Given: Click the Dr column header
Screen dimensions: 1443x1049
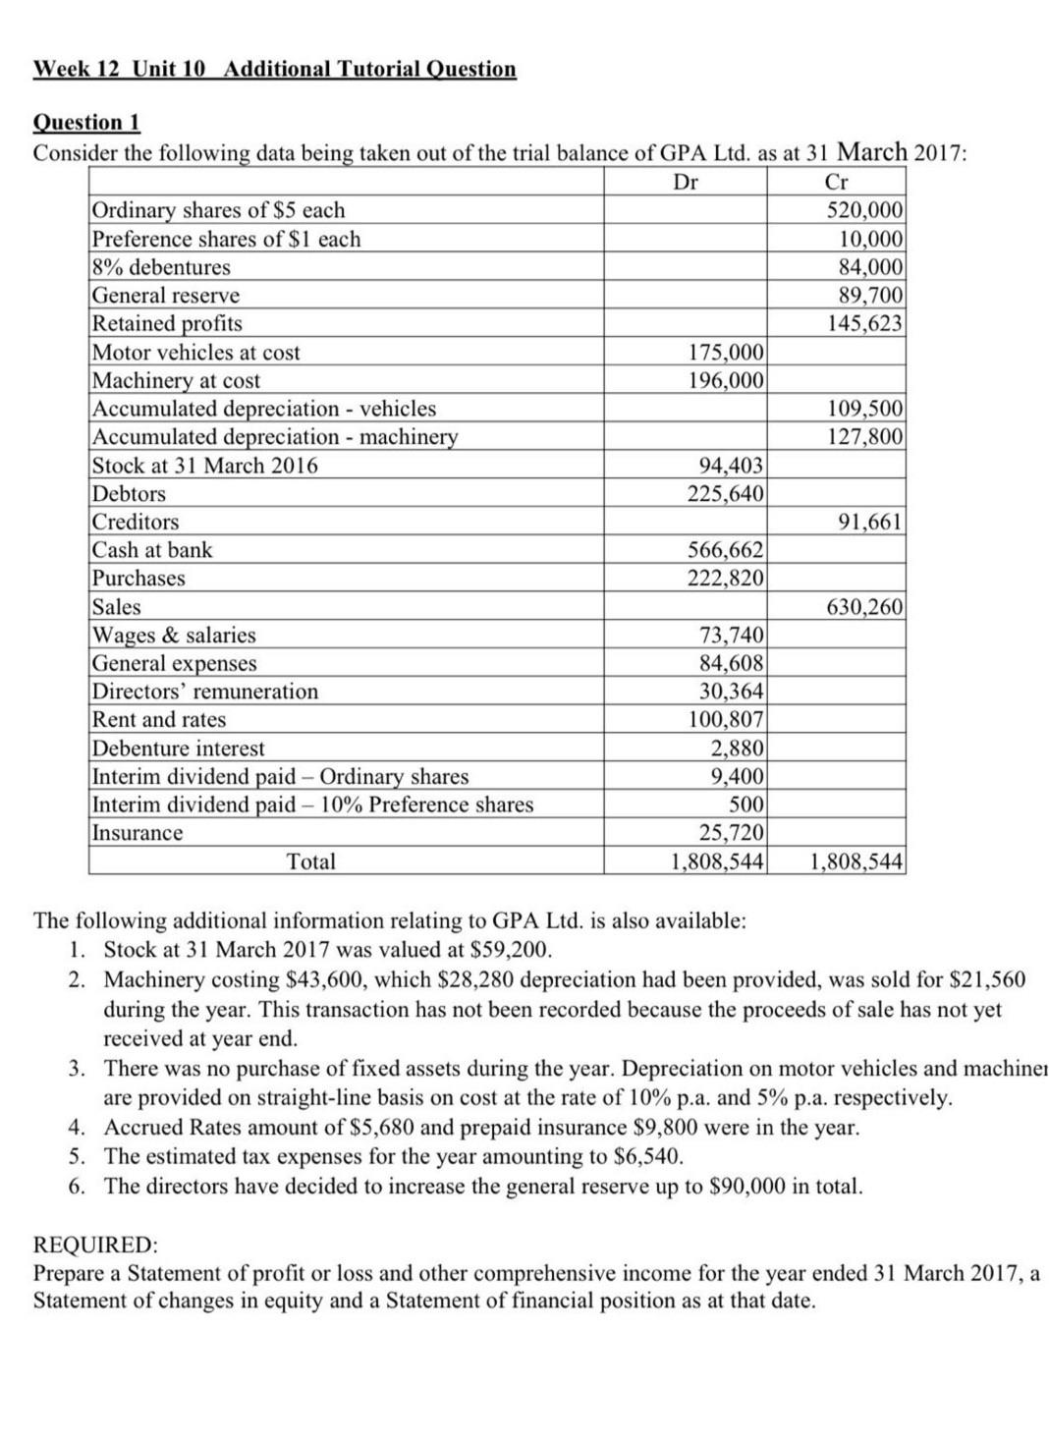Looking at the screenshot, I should coord(685,182).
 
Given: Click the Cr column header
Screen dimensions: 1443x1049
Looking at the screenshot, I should coord(836,182).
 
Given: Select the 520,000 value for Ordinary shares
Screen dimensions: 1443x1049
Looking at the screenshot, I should coord(864,210).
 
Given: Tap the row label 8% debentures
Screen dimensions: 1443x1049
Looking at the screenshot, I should coord(161,267).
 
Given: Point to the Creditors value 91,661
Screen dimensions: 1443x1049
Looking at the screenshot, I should coord(869,522).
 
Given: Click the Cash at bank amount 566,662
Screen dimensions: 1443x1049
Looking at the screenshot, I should coord(725,550).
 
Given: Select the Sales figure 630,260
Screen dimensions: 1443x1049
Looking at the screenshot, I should coord(864,607).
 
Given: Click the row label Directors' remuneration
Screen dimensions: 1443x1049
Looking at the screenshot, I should coord(205,692).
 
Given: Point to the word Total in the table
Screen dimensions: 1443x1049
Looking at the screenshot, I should coord(311,862).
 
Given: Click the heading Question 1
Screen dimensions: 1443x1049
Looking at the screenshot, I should coord(87,123).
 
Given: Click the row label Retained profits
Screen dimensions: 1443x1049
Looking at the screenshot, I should coord(167,324).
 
